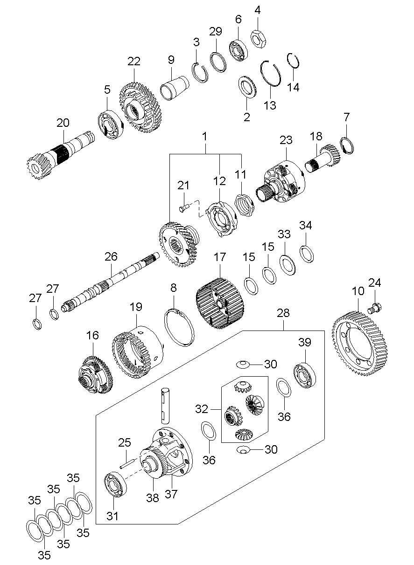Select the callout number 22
(133, 61)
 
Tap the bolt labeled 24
(375, 308)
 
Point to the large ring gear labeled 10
(359, 345)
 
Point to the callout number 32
(201, 409)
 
